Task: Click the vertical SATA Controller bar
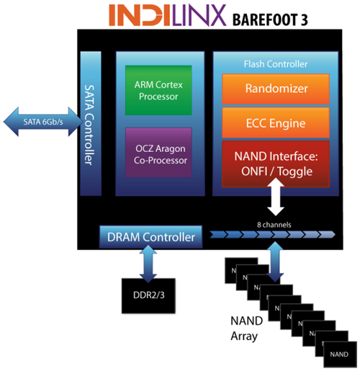point(91,123)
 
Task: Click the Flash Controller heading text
point(276,64)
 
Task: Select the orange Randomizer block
point(276,89)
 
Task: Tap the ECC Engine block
point(276,123)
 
